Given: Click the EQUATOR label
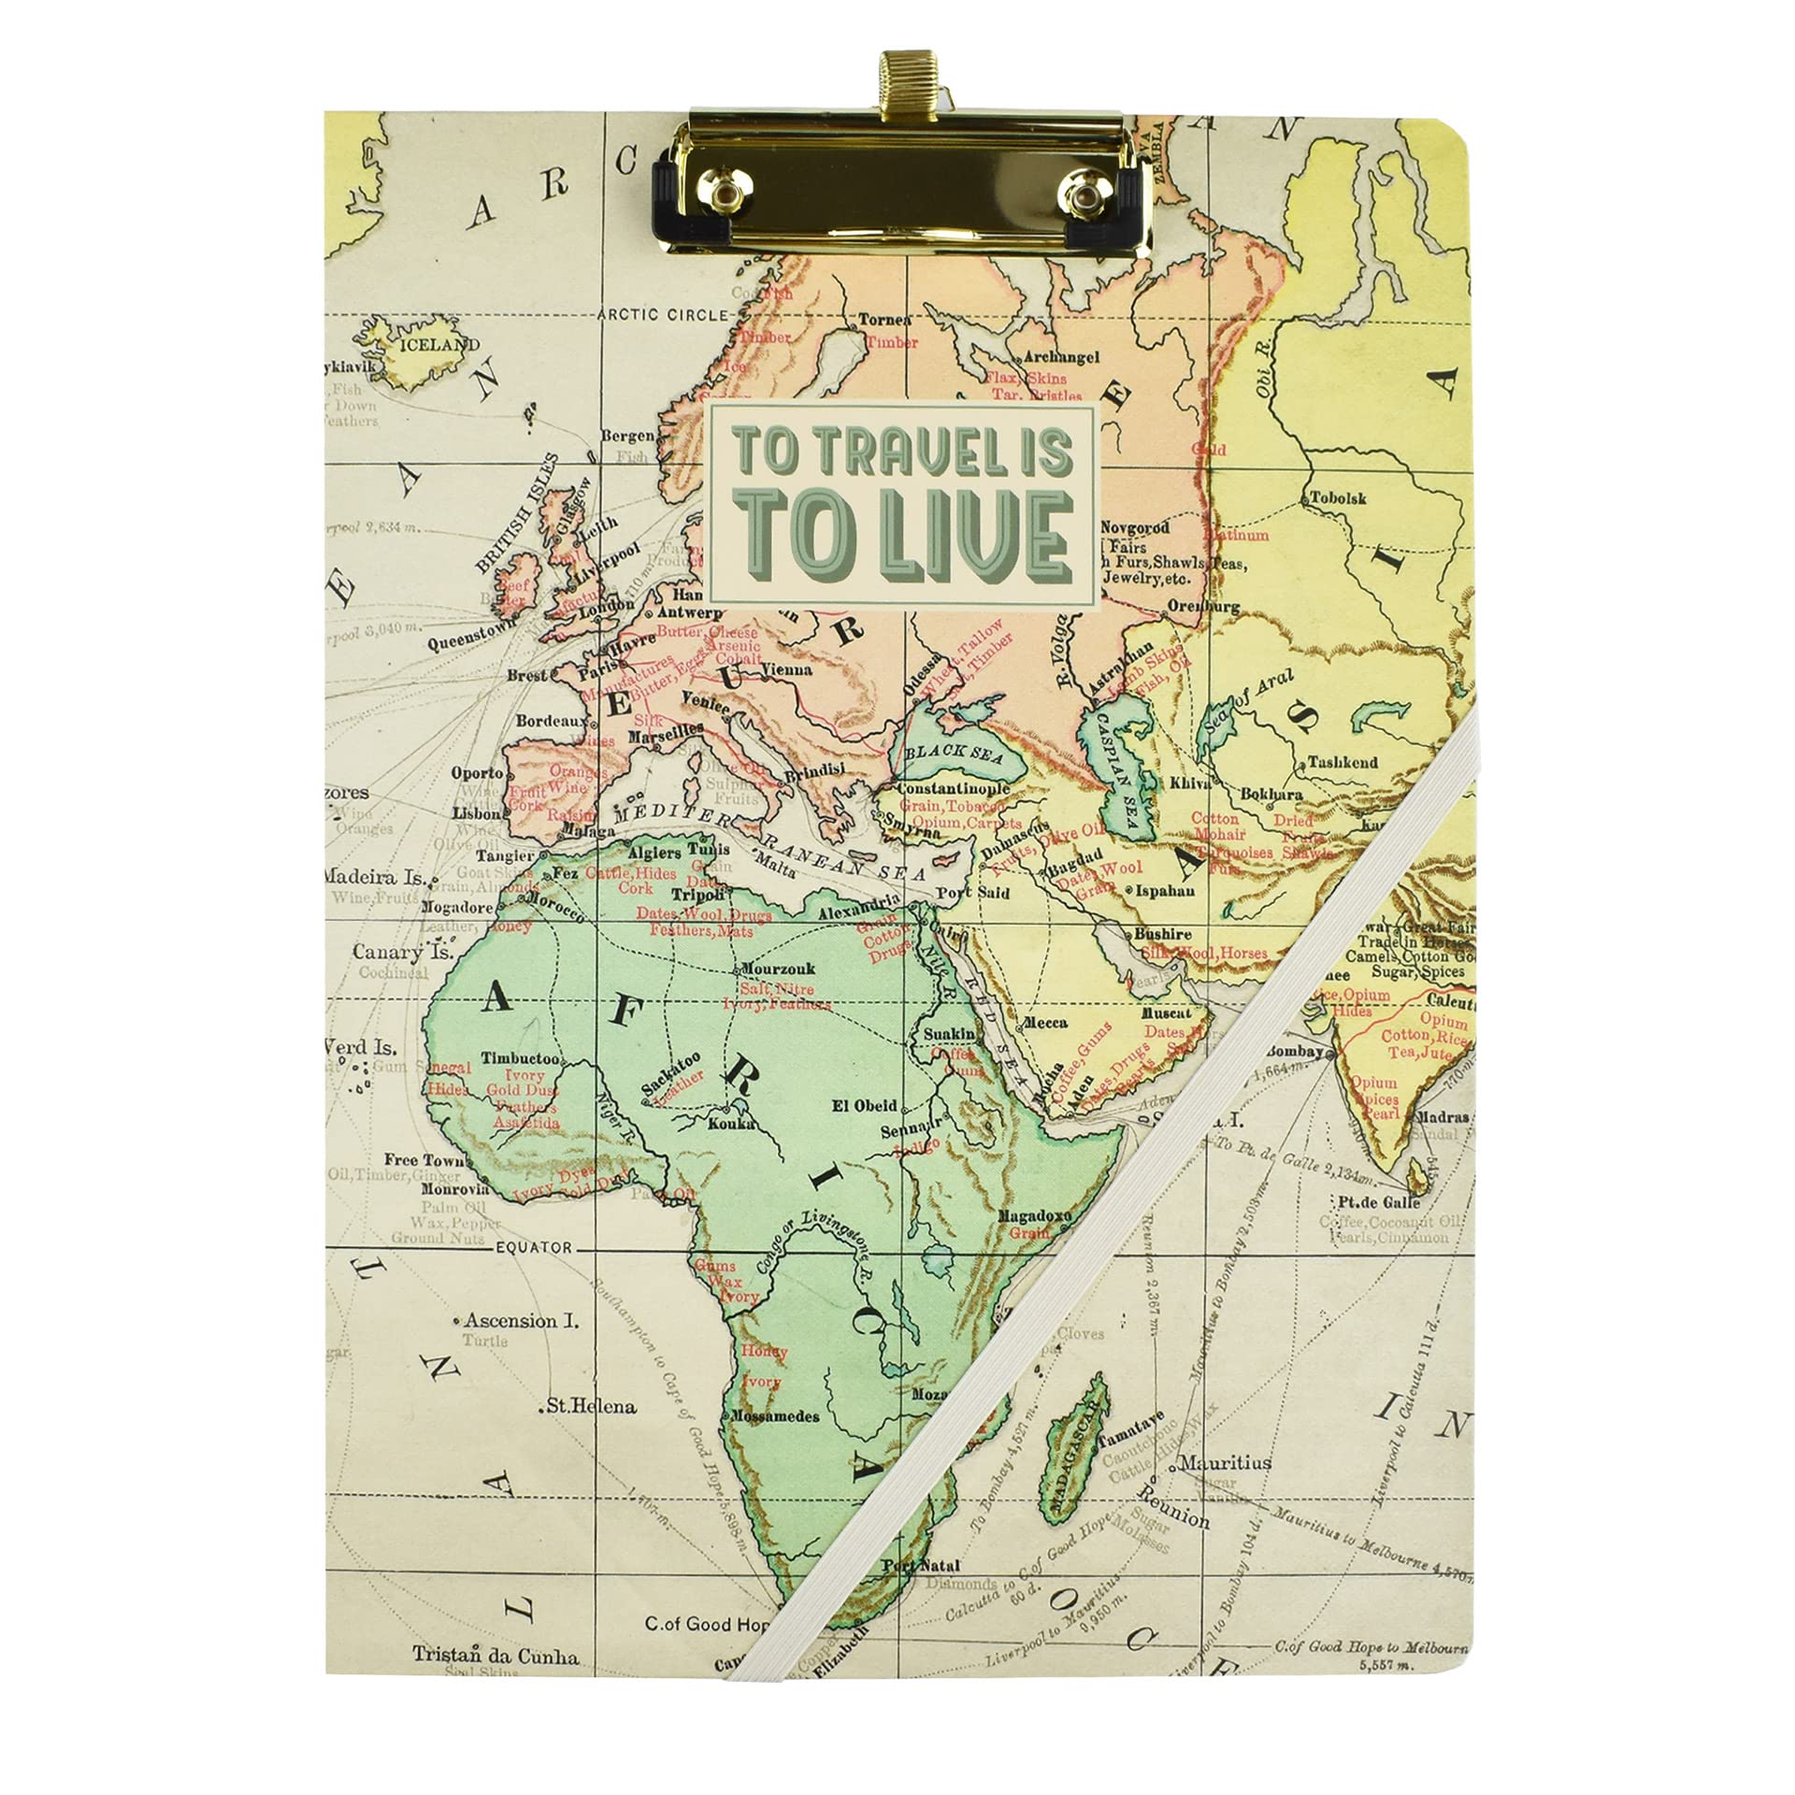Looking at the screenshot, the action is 534,1247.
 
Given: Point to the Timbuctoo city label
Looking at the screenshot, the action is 521,1059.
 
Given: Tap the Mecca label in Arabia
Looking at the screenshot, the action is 1045,1023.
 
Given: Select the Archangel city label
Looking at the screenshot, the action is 1062,357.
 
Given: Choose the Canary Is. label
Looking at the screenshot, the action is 403,953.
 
